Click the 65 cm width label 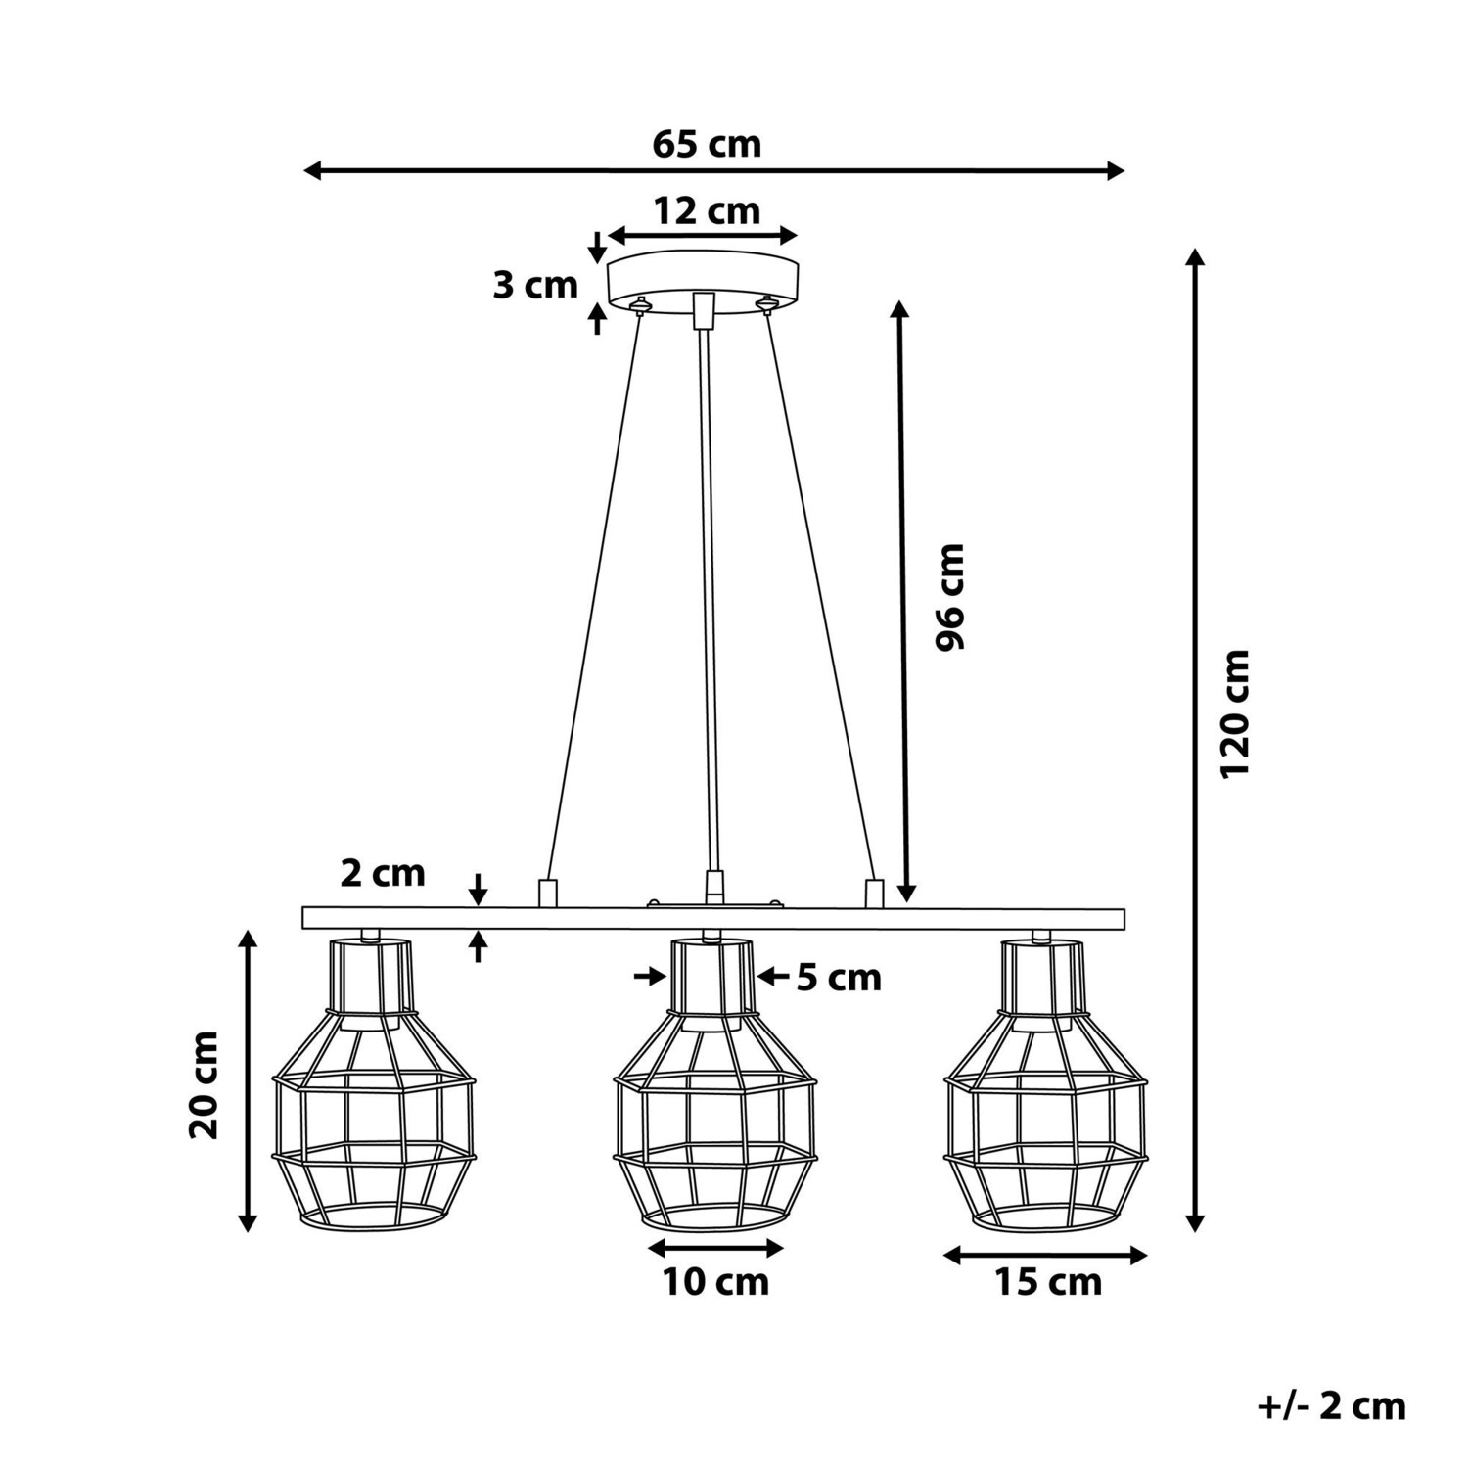707,145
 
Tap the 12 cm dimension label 707,210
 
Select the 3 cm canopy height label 535,286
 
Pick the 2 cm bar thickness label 383,873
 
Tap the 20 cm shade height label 205,1085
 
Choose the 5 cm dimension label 839,977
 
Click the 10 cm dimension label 716,1281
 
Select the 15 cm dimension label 1048,1281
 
